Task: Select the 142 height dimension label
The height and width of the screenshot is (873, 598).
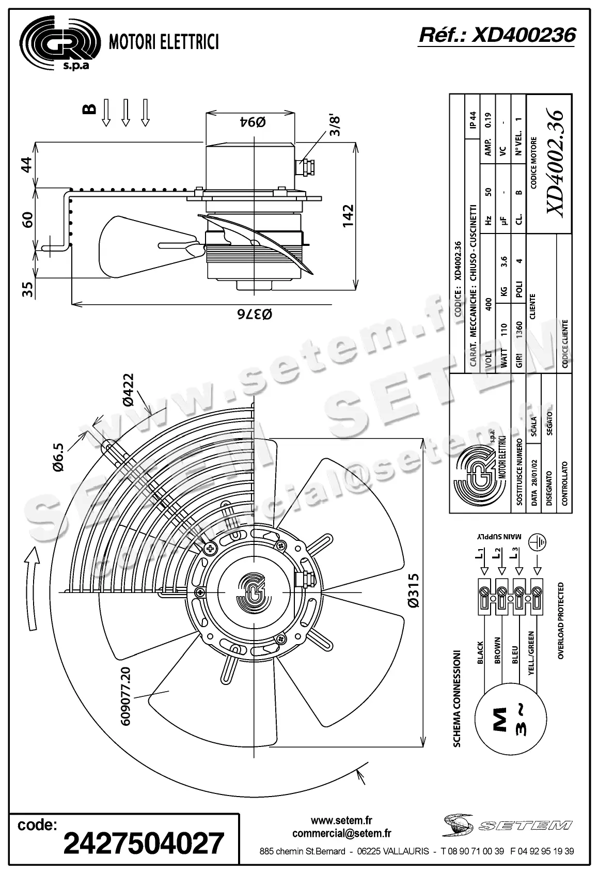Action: pyautogui.click(x=347, y=216)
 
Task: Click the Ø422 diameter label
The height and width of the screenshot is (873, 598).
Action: pyautogui.click(x=127, y=391)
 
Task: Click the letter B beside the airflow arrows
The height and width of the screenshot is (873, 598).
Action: pyautogui.click(x=89, y=108)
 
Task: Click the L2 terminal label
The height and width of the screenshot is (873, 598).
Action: pyautogui.click(x=497, y=553)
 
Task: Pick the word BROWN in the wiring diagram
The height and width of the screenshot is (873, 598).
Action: pyautogui.click(x=498, y=650)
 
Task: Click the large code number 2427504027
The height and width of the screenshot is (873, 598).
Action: pyautogui.click(x=144, y=843)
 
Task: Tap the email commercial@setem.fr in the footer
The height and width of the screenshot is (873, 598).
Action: pyautogui.click(x=341, y=833)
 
